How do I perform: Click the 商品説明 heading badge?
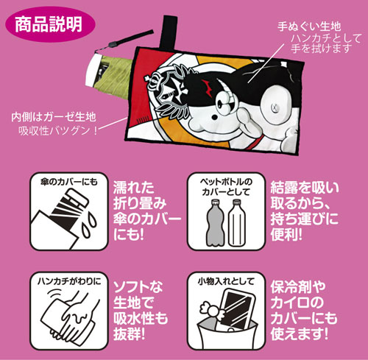point(50,24)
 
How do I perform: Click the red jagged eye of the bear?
point(207,86)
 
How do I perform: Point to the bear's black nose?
point(215,117)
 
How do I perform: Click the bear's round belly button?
point(275,107)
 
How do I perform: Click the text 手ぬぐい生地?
point(309,27)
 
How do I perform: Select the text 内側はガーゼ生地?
point(53,117)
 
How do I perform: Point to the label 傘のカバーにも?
point(69,182)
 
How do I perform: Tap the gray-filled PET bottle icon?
point(216,222)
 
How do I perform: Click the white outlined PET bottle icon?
point(236,222)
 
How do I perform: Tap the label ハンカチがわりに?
point(69,281)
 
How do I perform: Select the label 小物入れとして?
point(226,281)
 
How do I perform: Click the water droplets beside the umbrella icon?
point(90,225)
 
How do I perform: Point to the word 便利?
point(286,234)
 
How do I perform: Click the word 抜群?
point(130,333)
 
